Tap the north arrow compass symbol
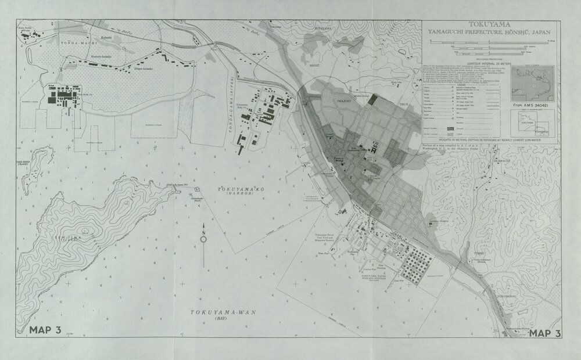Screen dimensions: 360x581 click(x=203, y=235)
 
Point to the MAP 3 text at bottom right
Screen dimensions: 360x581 click(x=544, y=333)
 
